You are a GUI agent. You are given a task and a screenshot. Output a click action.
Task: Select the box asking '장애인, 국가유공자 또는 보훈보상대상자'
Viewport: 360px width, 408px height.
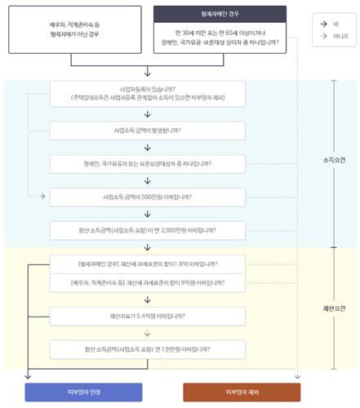click(x=147, y=163)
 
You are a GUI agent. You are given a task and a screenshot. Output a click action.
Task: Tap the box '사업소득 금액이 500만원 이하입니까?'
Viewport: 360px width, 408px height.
click(x=147, y=197)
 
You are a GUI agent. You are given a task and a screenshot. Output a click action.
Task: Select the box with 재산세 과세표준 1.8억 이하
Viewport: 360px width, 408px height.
click(x=147, y=265)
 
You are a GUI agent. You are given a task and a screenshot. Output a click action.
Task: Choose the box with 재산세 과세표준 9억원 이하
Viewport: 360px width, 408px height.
click(x=147, y=283)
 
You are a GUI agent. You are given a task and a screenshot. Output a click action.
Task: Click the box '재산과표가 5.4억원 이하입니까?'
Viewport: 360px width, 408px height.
click(x=147, y=316)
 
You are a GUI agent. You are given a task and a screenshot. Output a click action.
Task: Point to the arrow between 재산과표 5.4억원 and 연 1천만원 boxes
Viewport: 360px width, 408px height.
click(x=147, y=333)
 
